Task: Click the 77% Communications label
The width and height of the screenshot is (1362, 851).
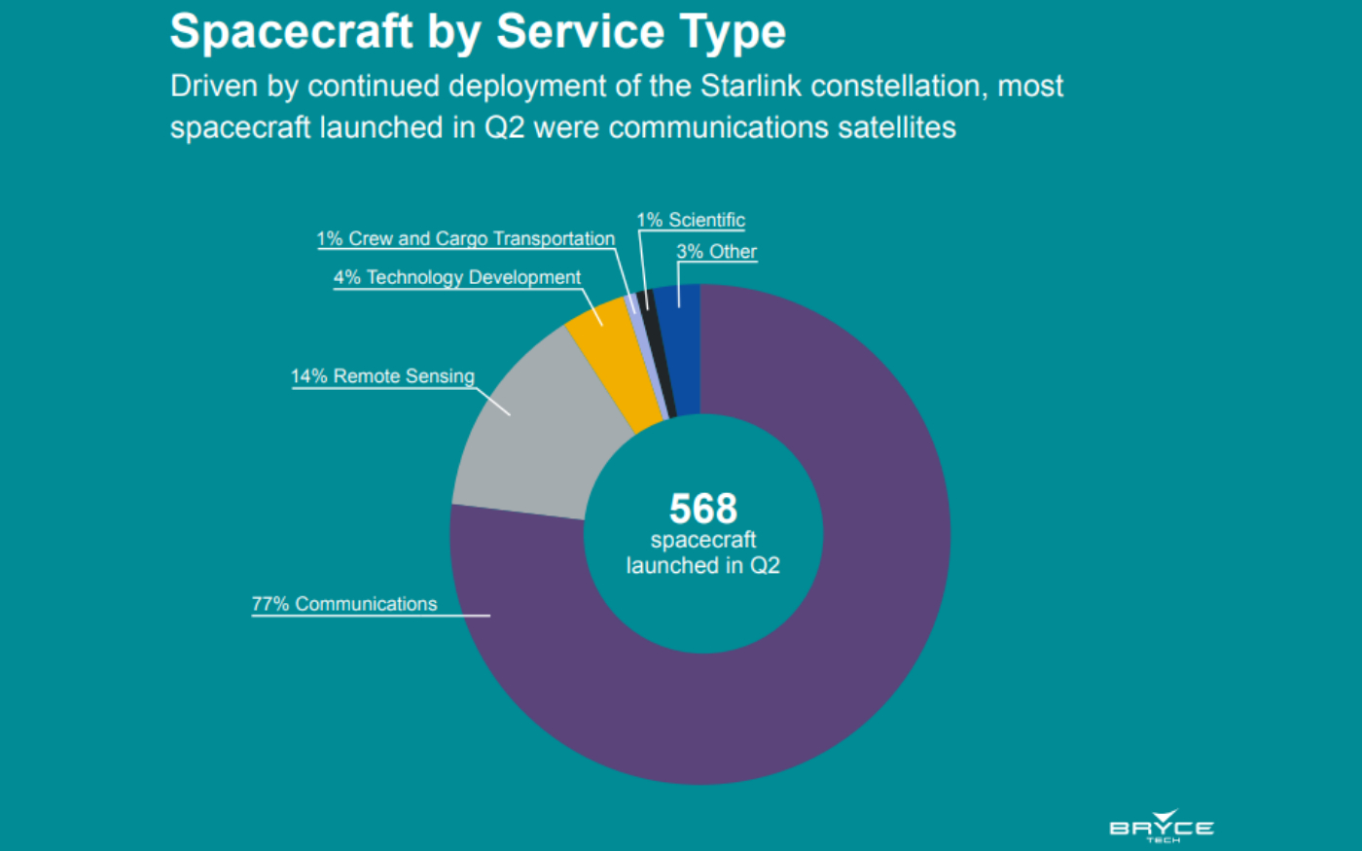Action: coord(344,604)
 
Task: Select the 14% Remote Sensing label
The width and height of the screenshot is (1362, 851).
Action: coord(382,376)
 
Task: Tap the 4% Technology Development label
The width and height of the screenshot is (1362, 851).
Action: coord(457,277)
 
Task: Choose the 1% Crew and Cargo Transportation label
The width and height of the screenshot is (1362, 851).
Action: coord(465,239)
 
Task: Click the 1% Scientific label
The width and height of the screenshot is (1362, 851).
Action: coord(691,221)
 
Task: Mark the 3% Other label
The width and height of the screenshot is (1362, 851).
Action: coord(716,252)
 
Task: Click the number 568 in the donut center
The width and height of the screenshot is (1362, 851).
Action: coord(703,509)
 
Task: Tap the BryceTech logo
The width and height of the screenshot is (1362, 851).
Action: coord(1162,826)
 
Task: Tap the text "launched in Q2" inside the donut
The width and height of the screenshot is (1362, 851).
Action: coord(702,565)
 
